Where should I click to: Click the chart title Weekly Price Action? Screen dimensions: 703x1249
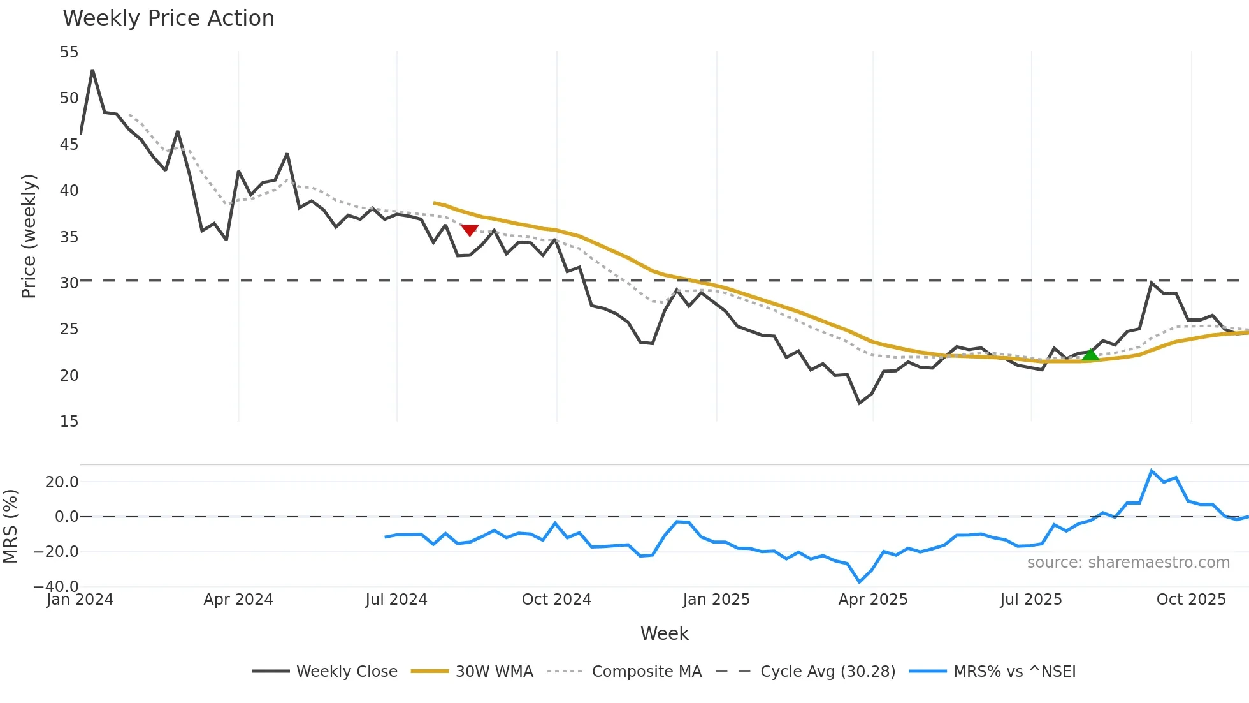(168, 18)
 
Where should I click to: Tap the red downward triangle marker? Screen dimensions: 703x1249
(470, 230)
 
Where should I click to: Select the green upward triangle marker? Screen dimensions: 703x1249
(1090, 355)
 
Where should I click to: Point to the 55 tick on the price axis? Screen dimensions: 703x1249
(69, 52)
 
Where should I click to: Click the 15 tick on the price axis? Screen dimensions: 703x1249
(69, 422)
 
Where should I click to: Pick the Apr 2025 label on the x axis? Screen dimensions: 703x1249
(872, 600)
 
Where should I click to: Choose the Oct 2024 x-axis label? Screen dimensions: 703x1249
(556, 600)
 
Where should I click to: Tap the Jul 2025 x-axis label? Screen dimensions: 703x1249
(1030, 600)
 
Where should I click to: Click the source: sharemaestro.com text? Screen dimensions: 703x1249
(1128, 563)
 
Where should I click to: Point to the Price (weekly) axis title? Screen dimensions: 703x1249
(29, 236)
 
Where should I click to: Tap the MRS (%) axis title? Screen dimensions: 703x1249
(10, 526)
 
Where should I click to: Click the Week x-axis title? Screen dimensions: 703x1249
(664, 633)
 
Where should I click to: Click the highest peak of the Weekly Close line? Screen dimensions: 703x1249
(92, 70)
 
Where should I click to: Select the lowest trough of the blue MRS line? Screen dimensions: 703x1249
(860, 582)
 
